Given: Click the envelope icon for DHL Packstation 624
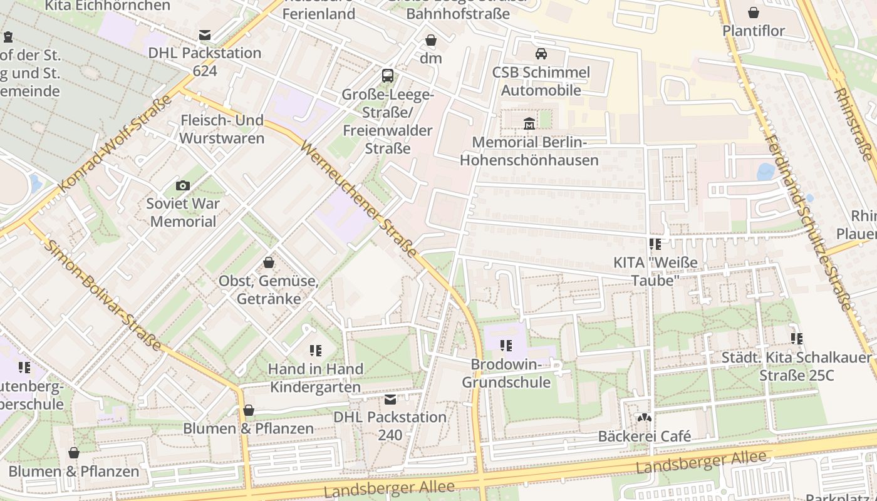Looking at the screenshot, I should coord(205,35).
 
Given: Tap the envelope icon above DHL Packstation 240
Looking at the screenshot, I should coord(390,399).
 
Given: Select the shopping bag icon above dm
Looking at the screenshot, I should coord(431,41).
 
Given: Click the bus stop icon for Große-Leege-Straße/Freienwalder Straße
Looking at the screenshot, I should coord(388,76).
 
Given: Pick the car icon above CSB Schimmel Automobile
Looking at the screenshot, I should coord(541,54).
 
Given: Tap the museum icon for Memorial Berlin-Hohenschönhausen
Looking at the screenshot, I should coord(529,123).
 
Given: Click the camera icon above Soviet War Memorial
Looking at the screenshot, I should coord(183,185).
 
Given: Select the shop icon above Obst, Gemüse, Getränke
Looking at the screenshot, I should coord(269,262).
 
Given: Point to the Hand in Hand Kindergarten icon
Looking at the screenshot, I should coord(315,351).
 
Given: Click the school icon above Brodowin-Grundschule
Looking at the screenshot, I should coord(506,346).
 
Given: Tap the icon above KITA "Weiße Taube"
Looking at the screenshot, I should coord(655,244).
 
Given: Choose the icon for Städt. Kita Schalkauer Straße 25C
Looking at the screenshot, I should coord(797,339).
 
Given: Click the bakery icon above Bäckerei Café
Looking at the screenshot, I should coord(645,418).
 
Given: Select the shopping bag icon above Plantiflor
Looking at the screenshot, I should coord(754,13).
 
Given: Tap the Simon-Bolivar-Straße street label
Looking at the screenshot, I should coord(103,295).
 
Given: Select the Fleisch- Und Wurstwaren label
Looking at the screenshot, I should coord(222,129).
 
